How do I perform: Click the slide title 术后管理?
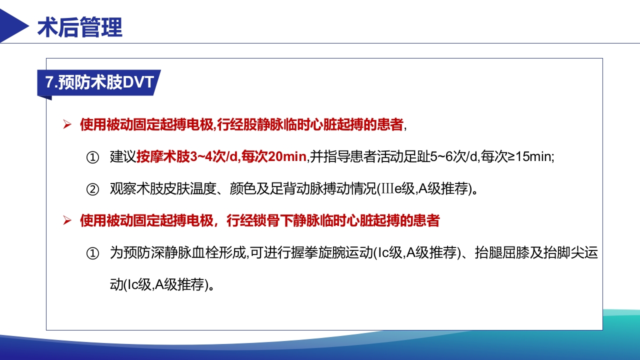pos(80,27)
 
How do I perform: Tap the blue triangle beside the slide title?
pos(13,25)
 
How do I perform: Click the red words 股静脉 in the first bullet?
pos(254,125)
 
